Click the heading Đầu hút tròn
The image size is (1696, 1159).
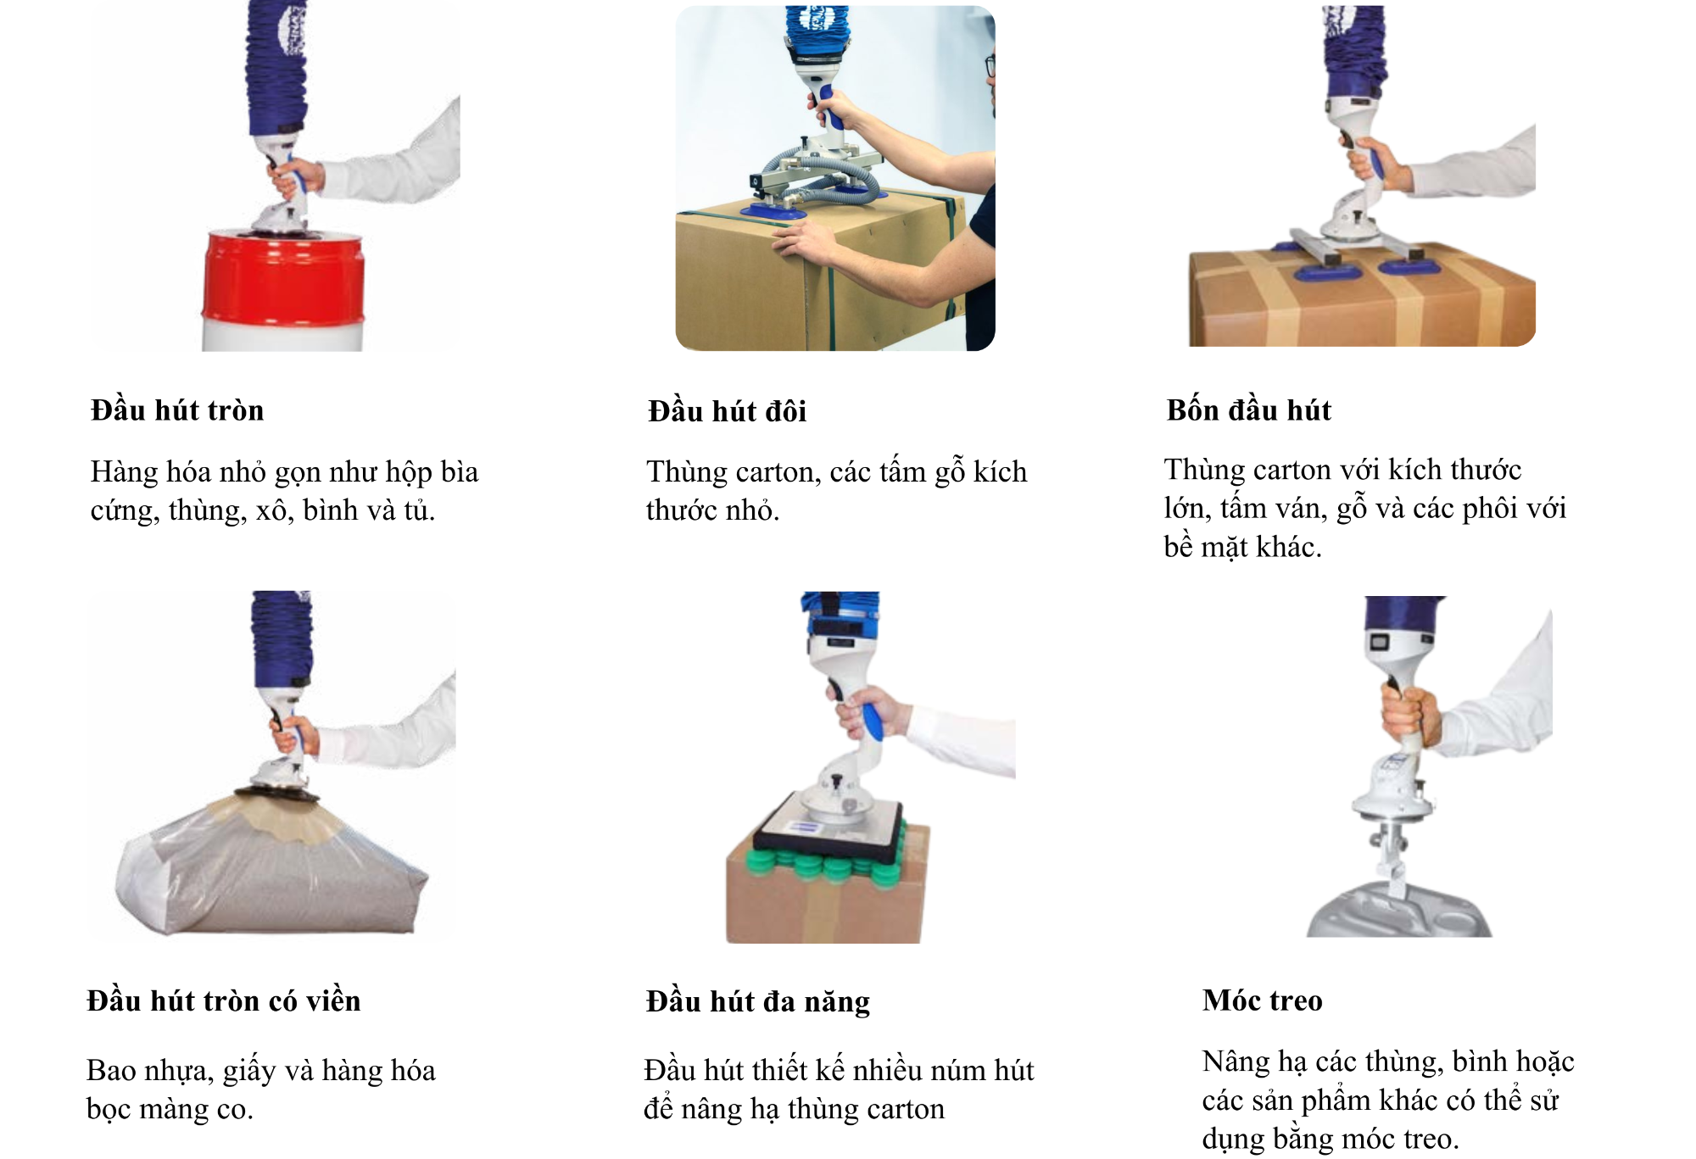(177, 410)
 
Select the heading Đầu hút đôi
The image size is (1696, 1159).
(727, 411)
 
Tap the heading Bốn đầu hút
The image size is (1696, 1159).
(1248, 410)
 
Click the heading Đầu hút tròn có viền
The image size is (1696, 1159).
(224, 1000)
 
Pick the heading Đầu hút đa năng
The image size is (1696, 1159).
(757, 1001)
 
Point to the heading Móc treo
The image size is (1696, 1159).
(1262, 1000)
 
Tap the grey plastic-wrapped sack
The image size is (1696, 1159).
(271, 873)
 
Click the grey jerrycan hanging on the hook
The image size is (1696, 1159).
(1399, 911)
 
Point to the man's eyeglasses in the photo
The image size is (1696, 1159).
(990, 66)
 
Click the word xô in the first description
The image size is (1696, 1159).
(272, 510)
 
